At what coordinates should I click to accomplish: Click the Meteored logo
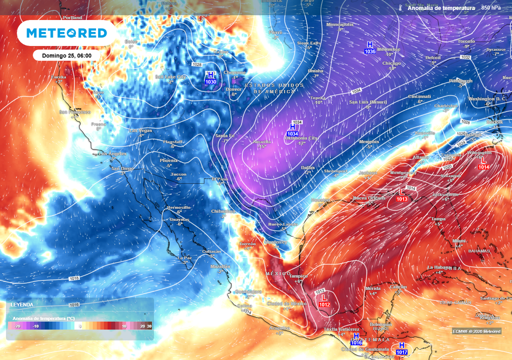click(66, 33)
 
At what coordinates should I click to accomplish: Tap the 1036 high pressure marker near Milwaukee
click(370, 48)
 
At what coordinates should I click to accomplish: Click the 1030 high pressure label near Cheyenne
click(210, 78)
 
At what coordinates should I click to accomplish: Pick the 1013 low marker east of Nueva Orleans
click(402, 195)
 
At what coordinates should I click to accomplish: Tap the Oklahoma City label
click(301, 138)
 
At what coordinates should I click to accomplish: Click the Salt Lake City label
click(170, 77)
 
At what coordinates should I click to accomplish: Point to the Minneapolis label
click(339, 24)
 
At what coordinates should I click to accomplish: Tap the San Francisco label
click(75, 112)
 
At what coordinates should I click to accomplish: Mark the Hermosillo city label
click(178, 207)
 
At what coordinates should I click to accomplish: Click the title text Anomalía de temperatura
click(440, 8)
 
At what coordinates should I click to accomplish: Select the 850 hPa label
click(491, 8)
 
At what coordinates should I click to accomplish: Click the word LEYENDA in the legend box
click(22, 304)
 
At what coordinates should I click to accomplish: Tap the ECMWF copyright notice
click(476, 331)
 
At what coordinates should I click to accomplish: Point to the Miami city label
click(459, 240)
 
